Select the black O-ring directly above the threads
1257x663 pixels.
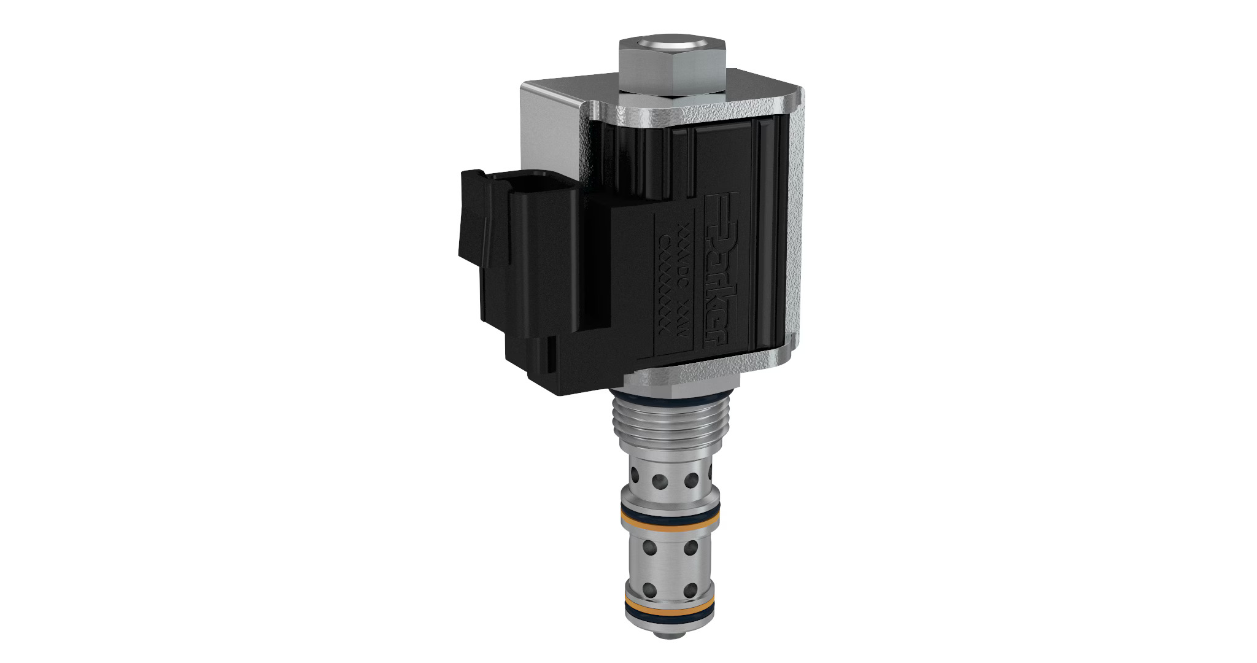(x=665, y=401)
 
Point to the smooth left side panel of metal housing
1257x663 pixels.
(x=549, y=129)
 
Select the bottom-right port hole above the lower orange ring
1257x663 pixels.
(x=690, y=591)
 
